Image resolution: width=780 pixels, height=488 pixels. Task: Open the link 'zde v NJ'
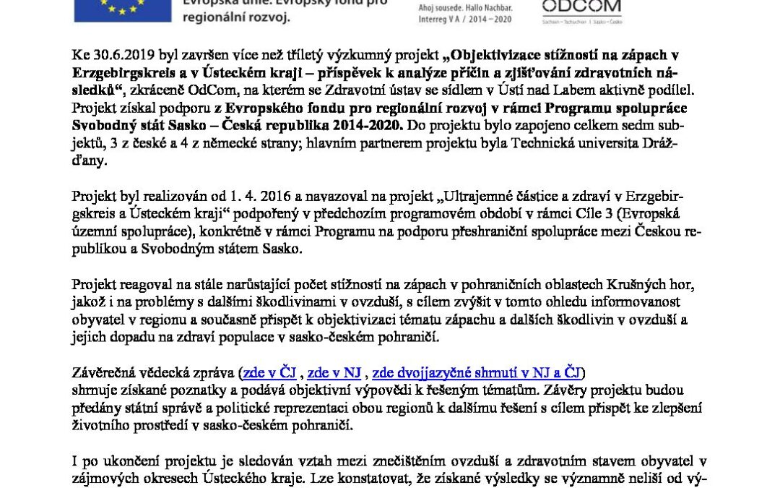pyautogui.click(x=334, y=373)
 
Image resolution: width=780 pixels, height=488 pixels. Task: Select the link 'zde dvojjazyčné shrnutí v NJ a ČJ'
pyautogui.click(x=477, y=373)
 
